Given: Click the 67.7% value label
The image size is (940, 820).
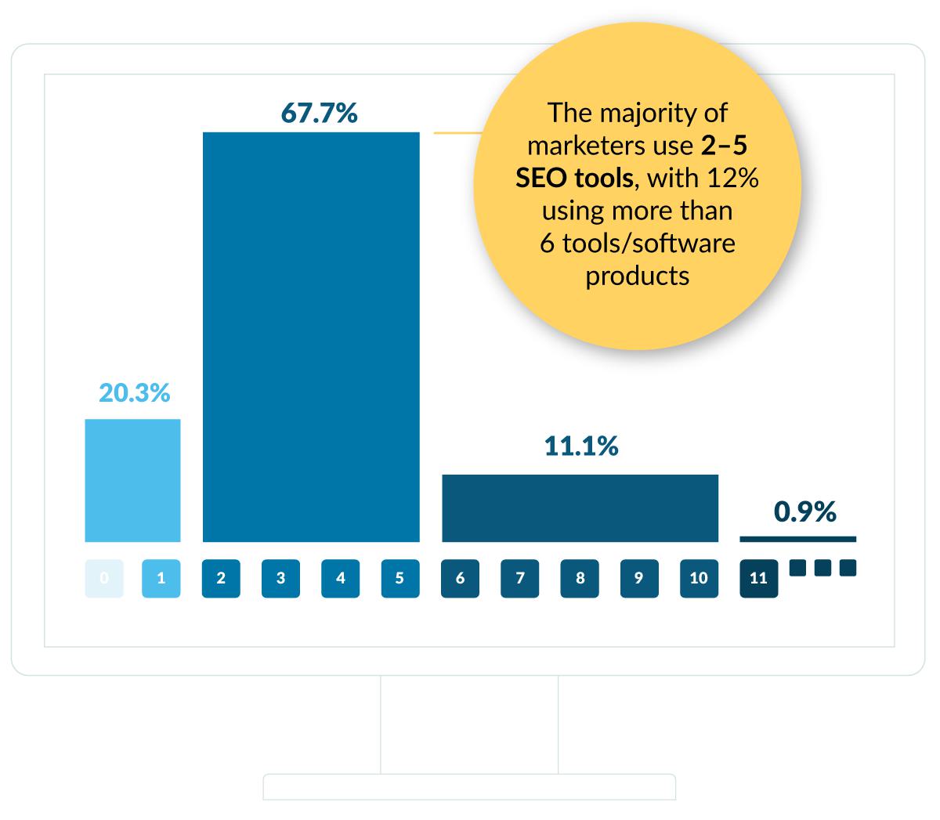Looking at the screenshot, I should point(319,114).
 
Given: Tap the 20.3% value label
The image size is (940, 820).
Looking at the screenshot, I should point(134,392).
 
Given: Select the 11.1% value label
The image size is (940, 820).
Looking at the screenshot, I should point(580,446).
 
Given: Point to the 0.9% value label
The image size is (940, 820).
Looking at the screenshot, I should point(804,512).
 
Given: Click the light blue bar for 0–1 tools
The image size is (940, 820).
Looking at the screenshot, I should point(132,480).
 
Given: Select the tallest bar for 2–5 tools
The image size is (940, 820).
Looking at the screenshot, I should point(311,337).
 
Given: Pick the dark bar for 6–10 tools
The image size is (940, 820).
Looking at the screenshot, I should point(580,508).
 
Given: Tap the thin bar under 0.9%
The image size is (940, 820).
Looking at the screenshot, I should point(797,539).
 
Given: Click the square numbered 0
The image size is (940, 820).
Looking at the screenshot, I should point(104,579).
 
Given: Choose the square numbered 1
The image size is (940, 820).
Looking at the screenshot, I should point(161,579).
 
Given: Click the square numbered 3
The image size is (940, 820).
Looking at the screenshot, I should point(280,579).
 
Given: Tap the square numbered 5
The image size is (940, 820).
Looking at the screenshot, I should point(400,579).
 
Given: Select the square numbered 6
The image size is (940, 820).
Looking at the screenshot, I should point(460,579).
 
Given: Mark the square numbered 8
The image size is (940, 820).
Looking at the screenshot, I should point(580,579).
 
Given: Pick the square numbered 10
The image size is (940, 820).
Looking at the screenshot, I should point(699,579).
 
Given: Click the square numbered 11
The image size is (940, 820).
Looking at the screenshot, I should point(758,579).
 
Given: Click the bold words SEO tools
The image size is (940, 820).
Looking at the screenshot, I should point(573,179).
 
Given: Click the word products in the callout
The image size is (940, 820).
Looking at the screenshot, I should point(637,276).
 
